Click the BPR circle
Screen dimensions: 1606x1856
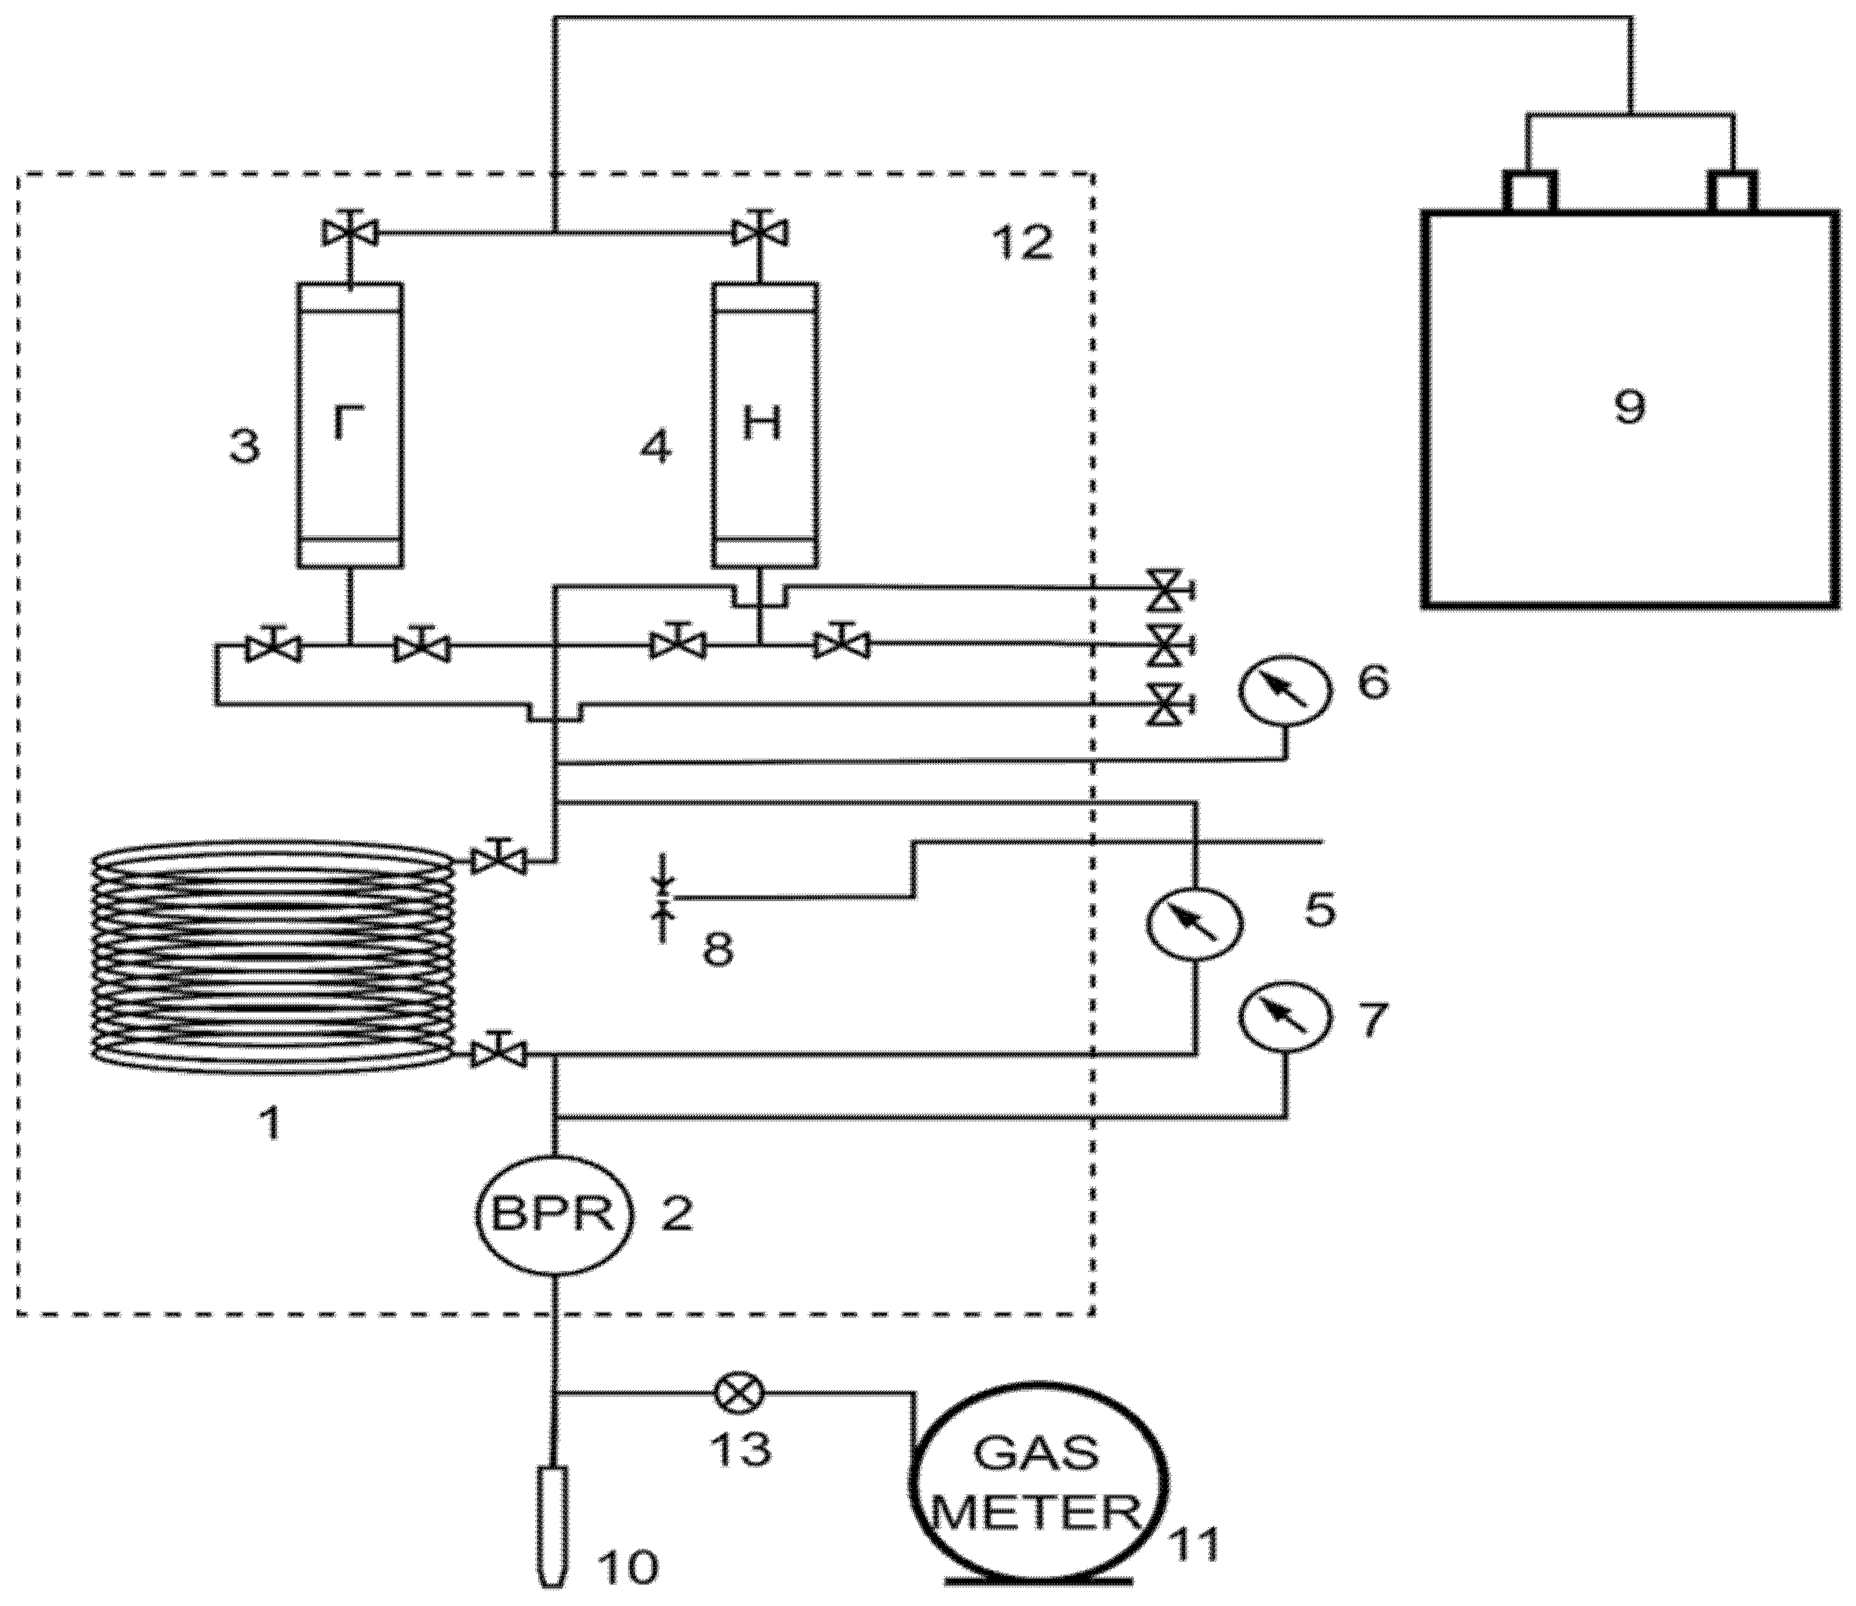coord(554,1215)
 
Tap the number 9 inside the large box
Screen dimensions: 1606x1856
coord(1629,408)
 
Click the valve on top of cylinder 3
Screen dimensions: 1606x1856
coord(349,234)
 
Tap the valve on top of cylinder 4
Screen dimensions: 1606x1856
coord(761,234)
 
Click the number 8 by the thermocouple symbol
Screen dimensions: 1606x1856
coord(718,949)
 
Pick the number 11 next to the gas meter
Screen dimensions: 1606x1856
coord(1195,1543)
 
